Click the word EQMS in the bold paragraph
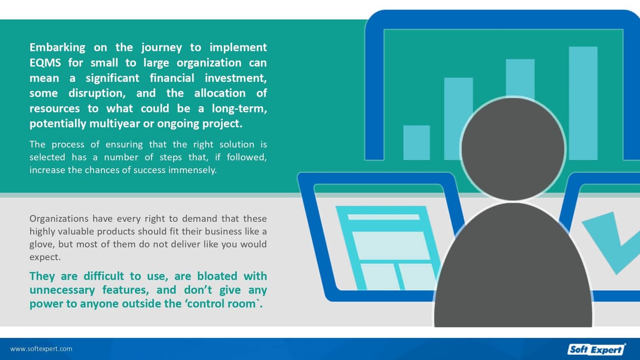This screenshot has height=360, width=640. point(45,63)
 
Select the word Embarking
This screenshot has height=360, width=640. point(57,48)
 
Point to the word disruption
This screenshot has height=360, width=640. point(97,93)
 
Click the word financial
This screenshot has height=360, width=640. point(172,78)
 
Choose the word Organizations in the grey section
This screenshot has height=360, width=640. point(59,219)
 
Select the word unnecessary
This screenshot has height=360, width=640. point(62,290)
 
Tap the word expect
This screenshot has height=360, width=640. point(45,257)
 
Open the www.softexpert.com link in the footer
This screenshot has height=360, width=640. point(41,349)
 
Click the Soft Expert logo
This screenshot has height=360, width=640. point(596,349)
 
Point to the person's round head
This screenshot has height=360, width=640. point(513,148)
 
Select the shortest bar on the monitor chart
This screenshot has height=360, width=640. point(416,142)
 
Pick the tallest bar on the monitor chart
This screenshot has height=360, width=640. point(583,103)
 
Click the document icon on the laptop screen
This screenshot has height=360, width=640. point(388,248)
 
